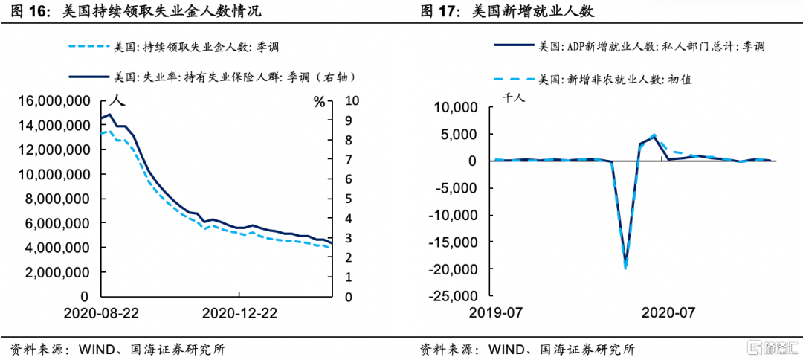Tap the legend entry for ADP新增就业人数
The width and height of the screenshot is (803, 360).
point(651,46)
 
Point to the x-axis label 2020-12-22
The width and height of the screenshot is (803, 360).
point(240,313)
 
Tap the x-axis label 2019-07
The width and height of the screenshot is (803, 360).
point(496,313)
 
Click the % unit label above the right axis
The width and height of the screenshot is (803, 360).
point(320,101)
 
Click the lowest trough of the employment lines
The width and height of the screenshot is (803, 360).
point(625,265)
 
